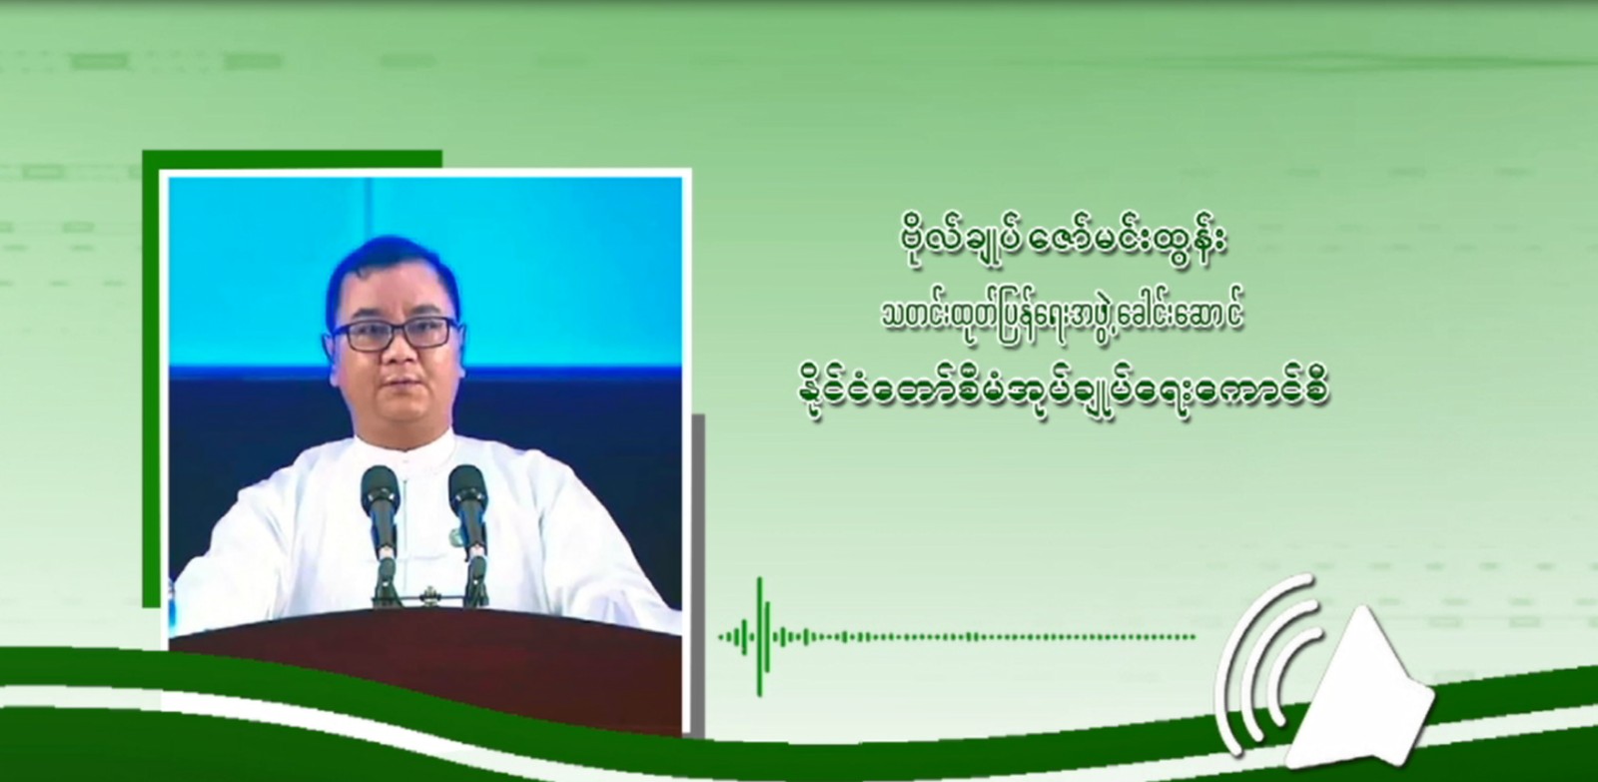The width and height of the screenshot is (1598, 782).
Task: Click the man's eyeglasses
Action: (x=395, y=334)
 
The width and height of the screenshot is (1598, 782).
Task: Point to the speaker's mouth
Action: (x=400, y=386)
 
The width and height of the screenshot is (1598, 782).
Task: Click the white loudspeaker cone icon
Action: (x=1359, y=691)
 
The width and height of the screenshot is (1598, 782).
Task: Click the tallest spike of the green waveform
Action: (x=761, y=636)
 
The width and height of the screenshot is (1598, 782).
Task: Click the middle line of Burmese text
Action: (x=1063, y=319)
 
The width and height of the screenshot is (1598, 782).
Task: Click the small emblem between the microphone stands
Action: (x=429, y=592)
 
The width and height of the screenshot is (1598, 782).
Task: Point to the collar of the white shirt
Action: (x=406, y=446)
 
